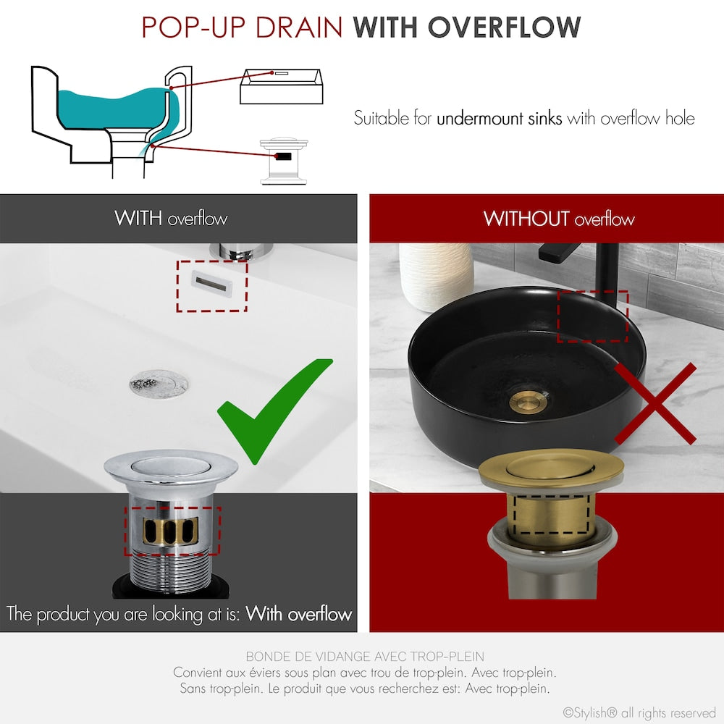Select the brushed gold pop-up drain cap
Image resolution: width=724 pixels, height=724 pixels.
point(550,467)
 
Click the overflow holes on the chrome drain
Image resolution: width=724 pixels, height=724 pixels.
point(172,531)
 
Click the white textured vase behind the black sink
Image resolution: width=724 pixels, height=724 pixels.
point(436,275)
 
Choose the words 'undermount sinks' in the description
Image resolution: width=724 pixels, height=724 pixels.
point(499,117)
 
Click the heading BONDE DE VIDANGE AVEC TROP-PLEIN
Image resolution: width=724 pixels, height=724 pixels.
point(365,657)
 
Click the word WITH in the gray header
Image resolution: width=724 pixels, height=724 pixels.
point(138,218)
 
